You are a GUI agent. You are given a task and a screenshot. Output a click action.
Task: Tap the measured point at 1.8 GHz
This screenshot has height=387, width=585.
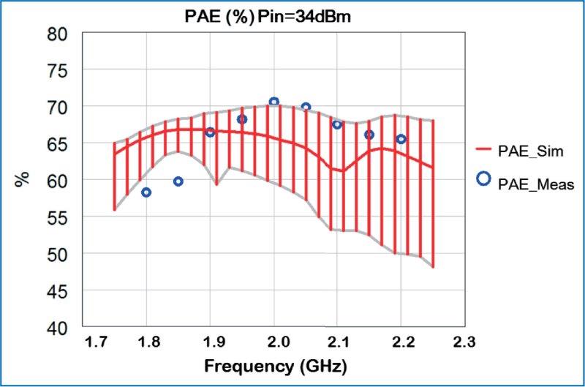[x=146, y=192]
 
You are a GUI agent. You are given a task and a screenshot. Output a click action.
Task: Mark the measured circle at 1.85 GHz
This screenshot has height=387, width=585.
[x=178, y=181]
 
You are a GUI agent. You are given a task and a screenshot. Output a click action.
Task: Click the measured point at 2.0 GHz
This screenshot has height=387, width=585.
[x=273, y=102]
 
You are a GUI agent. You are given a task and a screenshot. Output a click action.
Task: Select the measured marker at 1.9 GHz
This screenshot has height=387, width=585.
[x=210, y=132]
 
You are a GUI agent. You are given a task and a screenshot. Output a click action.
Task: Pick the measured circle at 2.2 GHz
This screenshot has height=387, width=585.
[x=401, y=139]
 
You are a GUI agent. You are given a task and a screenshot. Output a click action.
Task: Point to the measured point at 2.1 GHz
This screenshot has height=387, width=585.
[x=337, y=124]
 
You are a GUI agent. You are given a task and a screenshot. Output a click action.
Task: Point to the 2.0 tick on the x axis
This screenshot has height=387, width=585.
[x=273, y=342]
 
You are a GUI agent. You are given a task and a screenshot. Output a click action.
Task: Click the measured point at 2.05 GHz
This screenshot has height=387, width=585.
[x=306, y=108]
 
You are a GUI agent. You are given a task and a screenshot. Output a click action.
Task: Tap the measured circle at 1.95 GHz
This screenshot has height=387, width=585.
[x=242, y=119]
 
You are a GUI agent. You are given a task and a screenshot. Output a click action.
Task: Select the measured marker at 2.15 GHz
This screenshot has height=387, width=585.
[x=369, y=135]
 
